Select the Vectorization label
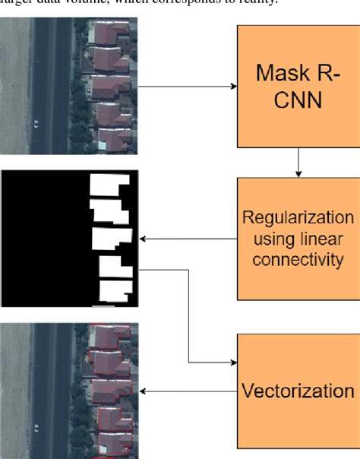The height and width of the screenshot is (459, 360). click(298, 391)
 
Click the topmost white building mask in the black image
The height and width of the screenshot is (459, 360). click(110, 185)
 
